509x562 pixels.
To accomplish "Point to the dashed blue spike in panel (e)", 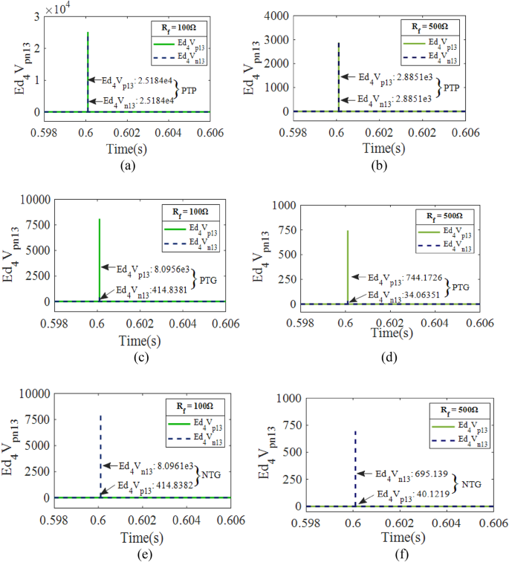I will pyautogui.click(x=100, y=453).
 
